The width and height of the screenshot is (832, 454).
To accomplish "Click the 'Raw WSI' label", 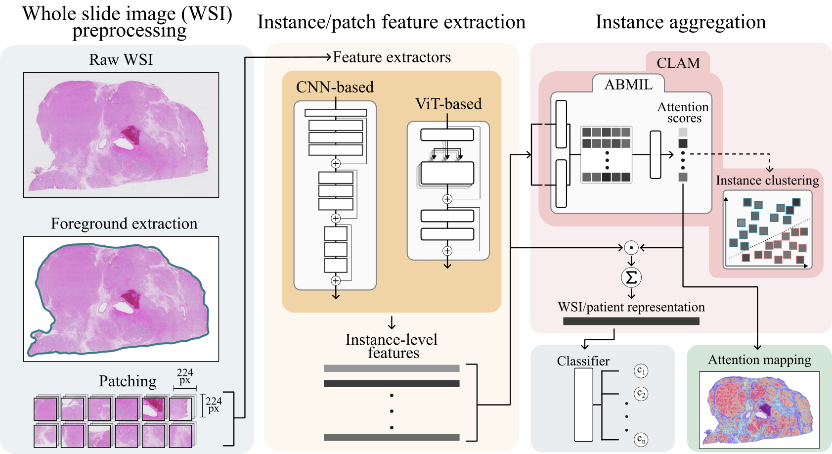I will pos(121,60).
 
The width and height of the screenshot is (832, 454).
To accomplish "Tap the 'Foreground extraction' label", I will pos(124,224).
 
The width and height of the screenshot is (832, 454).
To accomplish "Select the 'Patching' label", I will pos(128,381).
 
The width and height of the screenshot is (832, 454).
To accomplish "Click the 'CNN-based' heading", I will pos(335,87).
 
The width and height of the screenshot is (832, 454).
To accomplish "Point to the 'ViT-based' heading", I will pos(448,104).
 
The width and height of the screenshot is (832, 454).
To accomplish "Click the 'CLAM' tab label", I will pos(678,63).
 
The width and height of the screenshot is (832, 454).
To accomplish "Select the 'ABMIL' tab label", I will pos(628,85).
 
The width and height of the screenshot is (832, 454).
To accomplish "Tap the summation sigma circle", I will pos(631,277).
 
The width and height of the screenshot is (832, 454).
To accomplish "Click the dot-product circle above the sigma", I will pos(631,247).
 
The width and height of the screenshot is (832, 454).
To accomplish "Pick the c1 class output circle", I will pos(641,370).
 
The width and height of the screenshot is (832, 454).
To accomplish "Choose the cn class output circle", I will pos(641,439).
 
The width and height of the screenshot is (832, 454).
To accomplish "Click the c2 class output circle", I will pos(641,394).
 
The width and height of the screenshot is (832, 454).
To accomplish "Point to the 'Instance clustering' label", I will pos(767,181).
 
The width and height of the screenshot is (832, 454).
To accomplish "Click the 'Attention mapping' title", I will pos(759,360).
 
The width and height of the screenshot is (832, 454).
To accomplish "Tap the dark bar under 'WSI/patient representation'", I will pos(631,321).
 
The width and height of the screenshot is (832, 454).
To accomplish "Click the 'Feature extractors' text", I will pos(392,57).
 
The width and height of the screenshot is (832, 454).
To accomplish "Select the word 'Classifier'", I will pos(583,361).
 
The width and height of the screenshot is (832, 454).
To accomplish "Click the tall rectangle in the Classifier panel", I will pos(583,405).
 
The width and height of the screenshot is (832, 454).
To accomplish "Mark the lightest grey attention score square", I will pos(683,132).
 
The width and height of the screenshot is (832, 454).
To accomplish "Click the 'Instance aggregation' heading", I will pos(681,22).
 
